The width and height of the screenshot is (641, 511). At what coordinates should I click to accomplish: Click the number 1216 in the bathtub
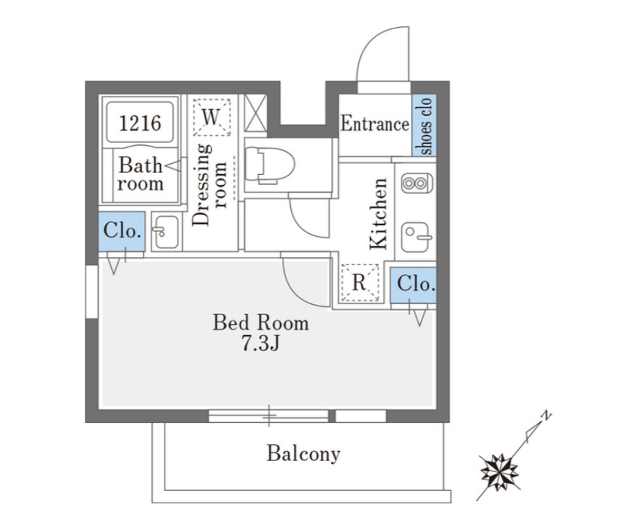point(140,123)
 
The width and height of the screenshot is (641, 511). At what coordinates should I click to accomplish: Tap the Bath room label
point(140,174)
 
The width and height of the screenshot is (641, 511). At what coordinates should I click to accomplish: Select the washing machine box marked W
point(212,117)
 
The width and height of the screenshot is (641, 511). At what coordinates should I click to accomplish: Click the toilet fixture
point(270,165)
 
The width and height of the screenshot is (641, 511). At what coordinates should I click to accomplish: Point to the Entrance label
point(375,124)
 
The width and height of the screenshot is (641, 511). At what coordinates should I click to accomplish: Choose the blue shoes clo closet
point(424,126)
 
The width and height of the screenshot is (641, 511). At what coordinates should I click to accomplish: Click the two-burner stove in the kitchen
point(417,183)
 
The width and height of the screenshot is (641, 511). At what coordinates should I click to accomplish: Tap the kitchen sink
point(416,237)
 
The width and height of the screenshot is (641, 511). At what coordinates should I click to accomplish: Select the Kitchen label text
point(378,213)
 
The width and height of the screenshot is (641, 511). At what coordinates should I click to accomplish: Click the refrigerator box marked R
point(360,283)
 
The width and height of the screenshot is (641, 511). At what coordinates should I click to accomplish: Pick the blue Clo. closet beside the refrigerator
point(413,285)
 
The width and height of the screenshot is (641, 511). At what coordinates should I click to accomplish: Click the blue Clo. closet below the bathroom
point(122,231)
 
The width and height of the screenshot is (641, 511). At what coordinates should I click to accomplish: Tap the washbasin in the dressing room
point(166,232)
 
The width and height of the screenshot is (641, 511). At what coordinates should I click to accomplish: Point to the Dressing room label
point(209,185)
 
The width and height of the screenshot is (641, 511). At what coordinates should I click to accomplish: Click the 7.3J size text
point(260,344)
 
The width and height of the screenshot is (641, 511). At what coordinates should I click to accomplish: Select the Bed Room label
point(261,323)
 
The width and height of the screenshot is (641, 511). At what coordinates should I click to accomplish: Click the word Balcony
point(303,454)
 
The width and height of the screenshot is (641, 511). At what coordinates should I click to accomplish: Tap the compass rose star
point(499,473)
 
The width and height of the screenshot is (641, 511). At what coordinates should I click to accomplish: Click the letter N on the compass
point(546,416)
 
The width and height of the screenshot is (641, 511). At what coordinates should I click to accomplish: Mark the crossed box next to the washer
point(256,113)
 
